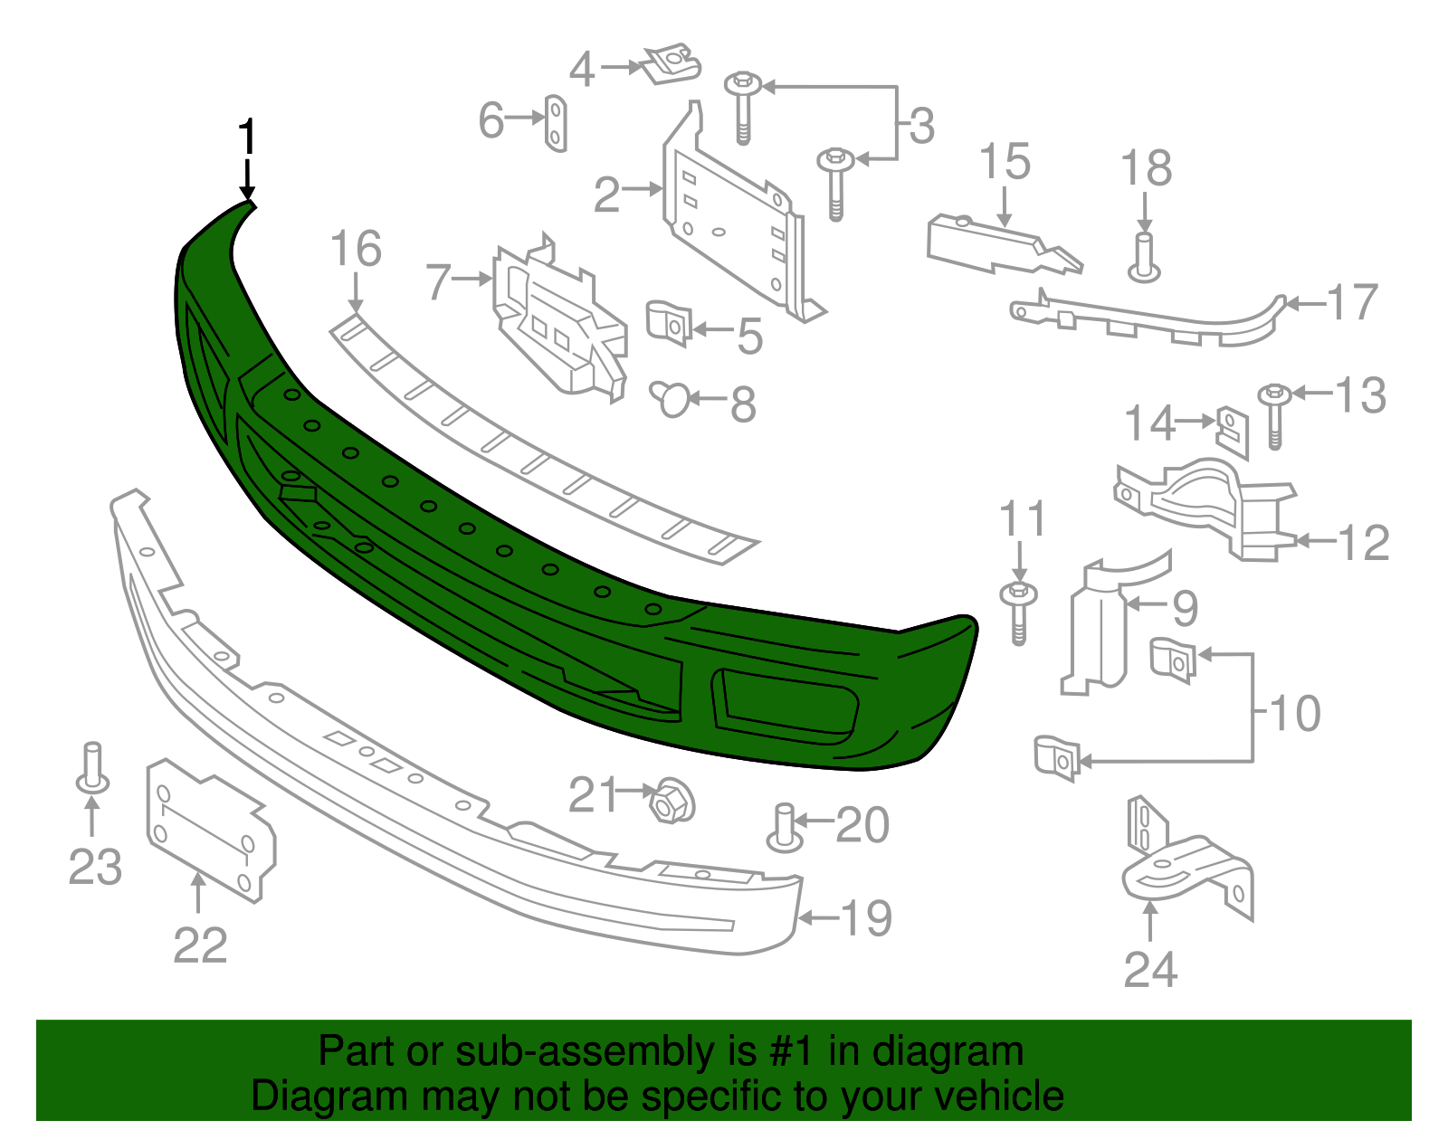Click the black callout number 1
click(246, 138)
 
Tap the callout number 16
click(356, 250)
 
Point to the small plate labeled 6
click(556, 122)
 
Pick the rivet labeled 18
click(1145, 257)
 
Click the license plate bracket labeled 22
click(210, 830)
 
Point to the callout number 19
click(866, 918)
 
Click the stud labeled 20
click(784, 827)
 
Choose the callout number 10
click(1295, 714)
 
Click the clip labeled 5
click(669, 323)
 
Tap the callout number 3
click(920, 126)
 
